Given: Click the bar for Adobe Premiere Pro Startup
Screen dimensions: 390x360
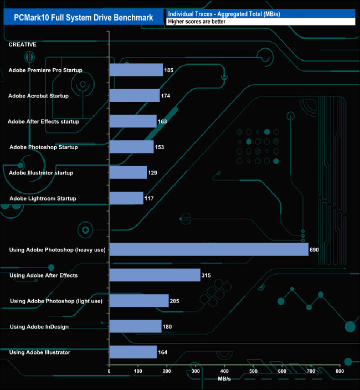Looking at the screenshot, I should pyautogui.click(x=136, y=70).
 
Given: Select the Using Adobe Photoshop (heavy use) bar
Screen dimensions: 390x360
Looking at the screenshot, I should pyautogui.click(x=209, y=249).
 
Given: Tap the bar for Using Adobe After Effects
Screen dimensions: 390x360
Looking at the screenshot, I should pyautogui.click(x=155, y=275).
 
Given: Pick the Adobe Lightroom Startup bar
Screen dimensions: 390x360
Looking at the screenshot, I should pyautogui.click(x=127, y=198).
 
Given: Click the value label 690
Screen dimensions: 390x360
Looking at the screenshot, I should pyautogui.click(x=315, y=250).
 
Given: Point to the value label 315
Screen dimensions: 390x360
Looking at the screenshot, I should pyautogui.click(x=207, y=275).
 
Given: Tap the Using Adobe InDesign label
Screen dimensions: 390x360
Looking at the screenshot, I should pyautogui.click(x=39, y=326).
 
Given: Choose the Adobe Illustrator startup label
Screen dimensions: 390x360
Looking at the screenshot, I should pyautogui.click(x=41, y=173).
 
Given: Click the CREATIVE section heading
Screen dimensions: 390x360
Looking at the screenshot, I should pyautogui.click(x=23, y=44).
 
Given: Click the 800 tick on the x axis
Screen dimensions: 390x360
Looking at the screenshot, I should pyautogui.click(x=340, y=371).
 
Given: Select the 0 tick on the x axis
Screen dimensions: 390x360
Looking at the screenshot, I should pyautogui.click(x=109, y=371).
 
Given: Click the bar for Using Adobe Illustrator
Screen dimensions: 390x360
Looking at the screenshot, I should pyautogui.click(x=133, y=352).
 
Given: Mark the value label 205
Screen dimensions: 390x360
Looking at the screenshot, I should pyautogui.click(x=175, y=301).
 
